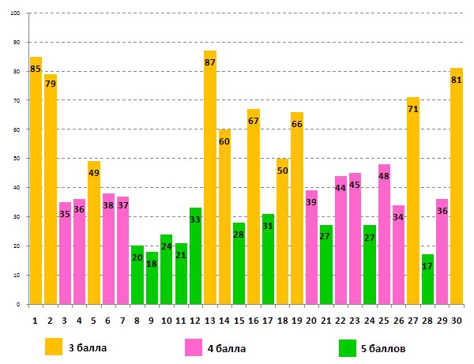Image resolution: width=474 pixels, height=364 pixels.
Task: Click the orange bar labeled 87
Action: point(210,190)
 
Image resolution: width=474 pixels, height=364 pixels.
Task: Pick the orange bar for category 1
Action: point(36,190)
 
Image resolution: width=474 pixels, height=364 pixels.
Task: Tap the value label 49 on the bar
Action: point(94,173)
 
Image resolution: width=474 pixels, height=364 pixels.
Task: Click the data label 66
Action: point(297,125)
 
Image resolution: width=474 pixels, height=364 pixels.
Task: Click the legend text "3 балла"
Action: point(87,347)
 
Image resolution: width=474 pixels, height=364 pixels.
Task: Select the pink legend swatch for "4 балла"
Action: point(194,347)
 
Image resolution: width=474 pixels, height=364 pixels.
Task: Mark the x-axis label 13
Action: point(210,321)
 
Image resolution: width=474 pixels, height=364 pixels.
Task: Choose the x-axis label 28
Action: point(427,321)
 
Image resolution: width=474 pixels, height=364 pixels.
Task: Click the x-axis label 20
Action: point(311,321)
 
